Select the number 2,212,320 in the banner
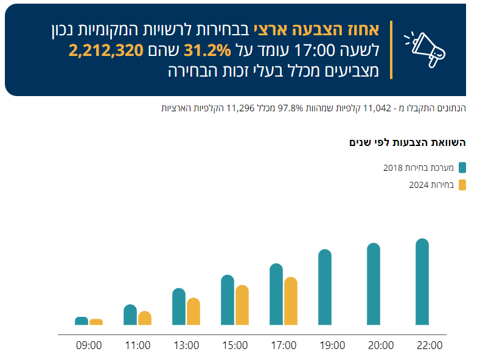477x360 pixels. click(x=106, y=50)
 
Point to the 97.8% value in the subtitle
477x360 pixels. click(x=290, y=108)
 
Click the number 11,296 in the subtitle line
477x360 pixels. click(x=240, y=108)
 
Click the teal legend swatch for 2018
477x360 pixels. click(x=462, y=167)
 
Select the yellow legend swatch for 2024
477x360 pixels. click(x=462, y=184)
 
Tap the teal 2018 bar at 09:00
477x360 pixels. click(x=82, y=321)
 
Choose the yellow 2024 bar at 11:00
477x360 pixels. click(x=145, y=318)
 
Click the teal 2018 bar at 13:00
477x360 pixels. click(x=179, y=307)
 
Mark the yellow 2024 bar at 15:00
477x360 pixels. click(x=242, y=305)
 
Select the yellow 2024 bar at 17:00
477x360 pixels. click(x=291, y=301)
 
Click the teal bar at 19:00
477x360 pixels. click(x=325, y=288)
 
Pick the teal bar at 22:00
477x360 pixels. click(x=422, y=282)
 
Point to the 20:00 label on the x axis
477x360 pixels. click(x=381, y=345)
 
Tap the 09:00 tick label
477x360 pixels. click(x=89, y=345)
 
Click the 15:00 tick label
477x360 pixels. click(x=235, y=345)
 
